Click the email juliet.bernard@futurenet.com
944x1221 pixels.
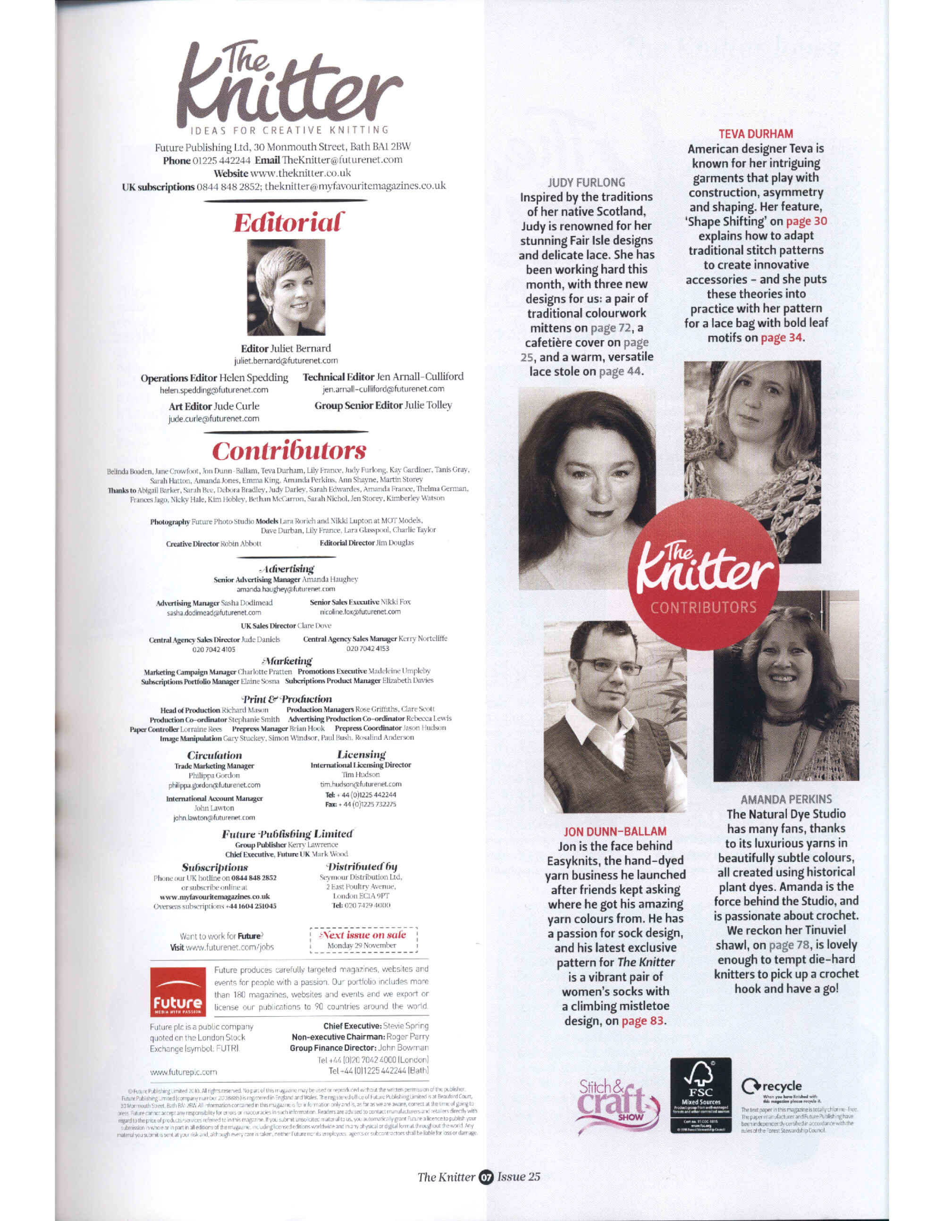coord(286,360)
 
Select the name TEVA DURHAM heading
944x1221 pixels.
coord(756,134)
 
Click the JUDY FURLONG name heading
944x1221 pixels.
coord(586,182)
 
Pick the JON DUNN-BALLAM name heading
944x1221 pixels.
coord(615,831)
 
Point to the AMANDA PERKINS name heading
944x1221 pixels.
coord(786,800)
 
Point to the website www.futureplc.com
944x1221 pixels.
coord(184,1072)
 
